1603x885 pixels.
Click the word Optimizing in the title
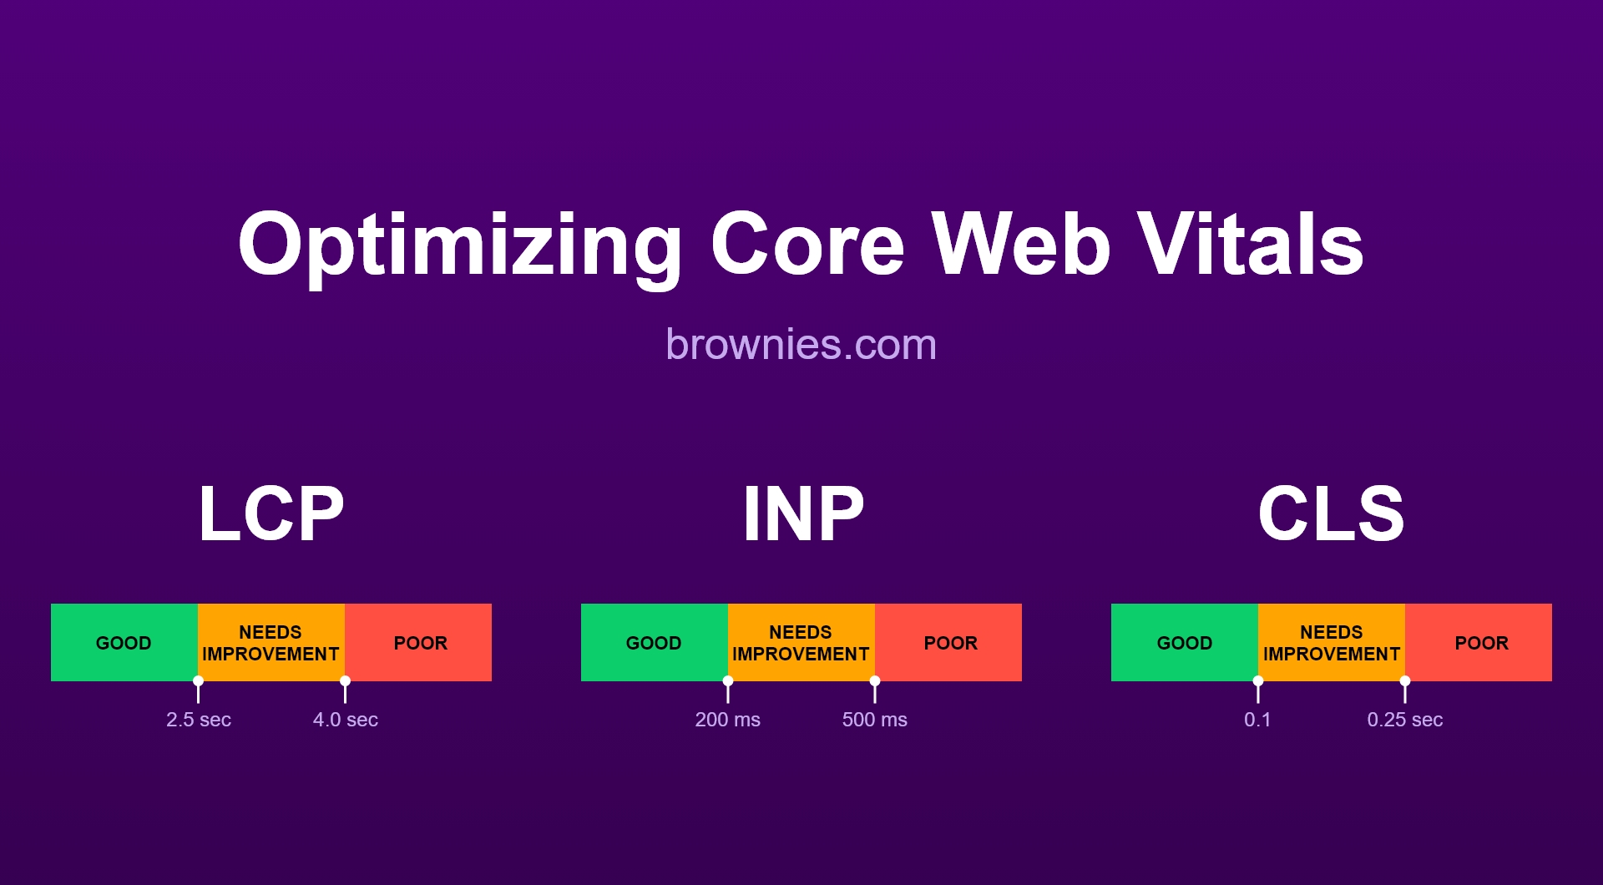click(460, 244)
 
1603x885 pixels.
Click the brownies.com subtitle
click(801, 344)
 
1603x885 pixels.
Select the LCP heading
click(271, 513)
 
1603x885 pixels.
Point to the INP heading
click(803, 513)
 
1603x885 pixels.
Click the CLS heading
click(1331, 513)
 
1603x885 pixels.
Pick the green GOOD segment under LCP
click(124, 643)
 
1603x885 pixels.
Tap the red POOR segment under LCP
click(420, 643)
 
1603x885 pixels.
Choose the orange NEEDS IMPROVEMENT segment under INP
click(801, 643)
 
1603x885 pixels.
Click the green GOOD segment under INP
click(654, 643)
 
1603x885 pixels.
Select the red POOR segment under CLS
click(1481, 643)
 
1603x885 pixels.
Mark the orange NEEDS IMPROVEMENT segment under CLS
click(1331, 643)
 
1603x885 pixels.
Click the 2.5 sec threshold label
click(199, 720)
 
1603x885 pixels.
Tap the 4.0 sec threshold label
click(346, 720)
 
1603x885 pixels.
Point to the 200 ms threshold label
click(728, 720)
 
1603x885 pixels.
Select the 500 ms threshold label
click(874, 720)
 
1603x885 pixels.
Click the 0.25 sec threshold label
click(1404, 720)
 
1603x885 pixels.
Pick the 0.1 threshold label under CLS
click(1257, 720)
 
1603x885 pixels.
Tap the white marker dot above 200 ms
click(728, 681)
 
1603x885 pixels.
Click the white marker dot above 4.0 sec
click(345, 681)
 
